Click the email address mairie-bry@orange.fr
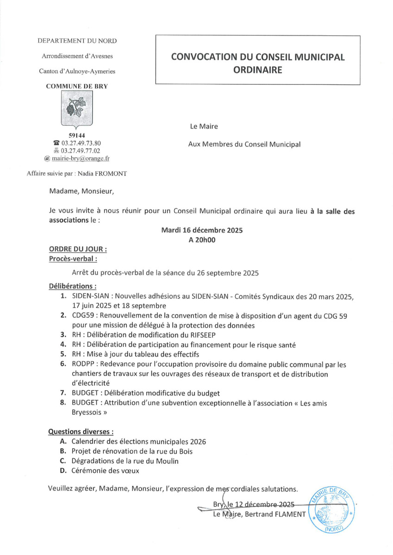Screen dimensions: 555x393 click(81, 158)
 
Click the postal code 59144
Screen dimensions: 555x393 click(76, 135)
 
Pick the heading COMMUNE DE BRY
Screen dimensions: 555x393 click(77, 86)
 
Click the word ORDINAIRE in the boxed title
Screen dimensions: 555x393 click(258, 70)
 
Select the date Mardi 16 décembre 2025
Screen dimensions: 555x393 click(202, 230)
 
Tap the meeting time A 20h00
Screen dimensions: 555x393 click(202, 240)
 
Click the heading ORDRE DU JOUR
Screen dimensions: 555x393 click(78, 249)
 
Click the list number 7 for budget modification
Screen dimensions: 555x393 click(62, 394)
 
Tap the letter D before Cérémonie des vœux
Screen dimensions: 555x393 click(62, 471)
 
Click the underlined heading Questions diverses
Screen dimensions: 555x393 click(81, 432)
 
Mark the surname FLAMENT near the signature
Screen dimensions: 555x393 click(288, 514)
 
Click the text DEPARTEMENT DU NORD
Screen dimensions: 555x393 click(77, 41)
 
